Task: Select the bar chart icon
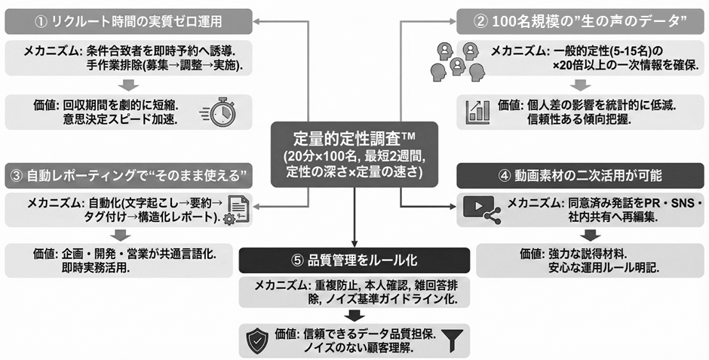click(x=478, y=112)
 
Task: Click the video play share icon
click(x=483, y=209)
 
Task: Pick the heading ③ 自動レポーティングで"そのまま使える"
click(x=127, y=177)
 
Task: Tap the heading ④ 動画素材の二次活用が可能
click(x=580, y=177)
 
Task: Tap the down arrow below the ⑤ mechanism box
click(x=354, y=314)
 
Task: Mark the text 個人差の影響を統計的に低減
click(x=589, y=106)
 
